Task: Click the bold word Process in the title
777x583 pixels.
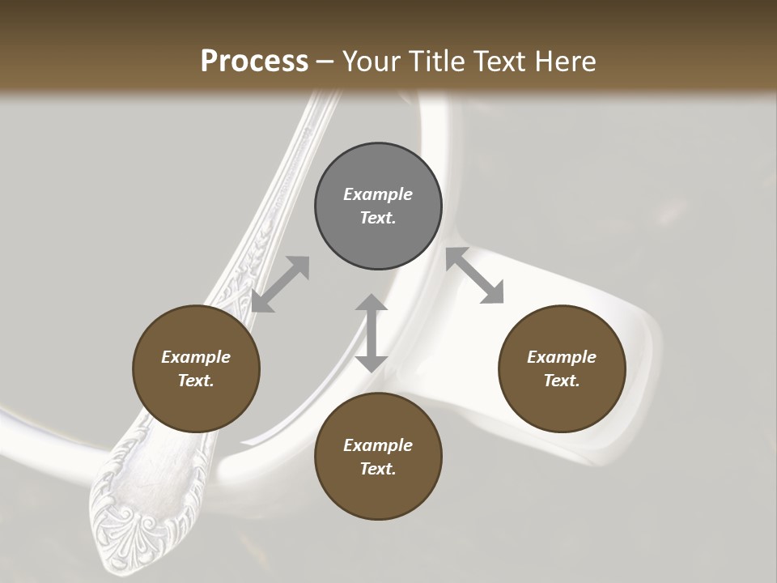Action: point(254,62)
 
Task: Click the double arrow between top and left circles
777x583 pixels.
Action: point(281,284)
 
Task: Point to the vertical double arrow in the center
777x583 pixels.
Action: point(372,333)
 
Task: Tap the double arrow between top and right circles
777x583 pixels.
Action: point(474,275)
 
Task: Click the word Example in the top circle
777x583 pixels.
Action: point(378,194)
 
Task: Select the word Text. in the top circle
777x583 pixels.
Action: point(378,218)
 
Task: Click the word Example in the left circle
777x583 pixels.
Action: point(196,357)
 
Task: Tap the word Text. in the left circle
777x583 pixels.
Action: point(196,381)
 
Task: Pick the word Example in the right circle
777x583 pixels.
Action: point(562,357)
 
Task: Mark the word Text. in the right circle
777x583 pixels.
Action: point(562,381)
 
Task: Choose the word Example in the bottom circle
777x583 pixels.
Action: point(378,445)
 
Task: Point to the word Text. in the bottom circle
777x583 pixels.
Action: point(378,469)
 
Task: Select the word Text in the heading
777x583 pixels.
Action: point(495,62)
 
